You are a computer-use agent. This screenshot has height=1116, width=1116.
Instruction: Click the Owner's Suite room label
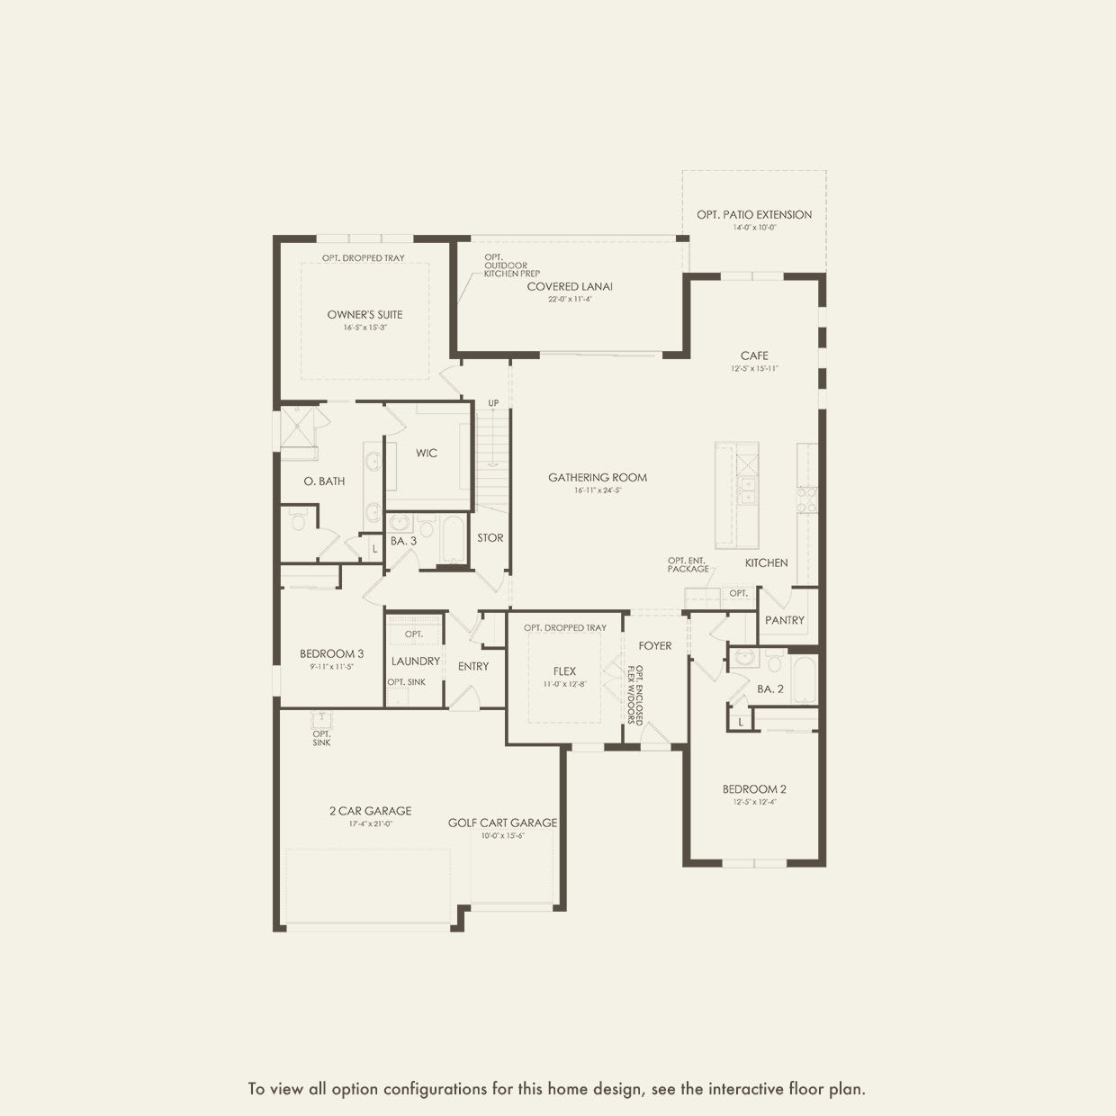tap(364, 315)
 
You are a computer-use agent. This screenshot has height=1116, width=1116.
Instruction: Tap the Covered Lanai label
tap(570, 287)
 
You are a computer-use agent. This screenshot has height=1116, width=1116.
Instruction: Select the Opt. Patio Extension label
tap(754, 215)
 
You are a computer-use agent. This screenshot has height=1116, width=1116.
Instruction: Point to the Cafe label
tap(754, 356)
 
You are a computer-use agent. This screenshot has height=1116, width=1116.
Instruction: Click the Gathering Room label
tap(598, 478)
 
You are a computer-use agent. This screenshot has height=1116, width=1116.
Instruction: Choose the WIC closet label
tap(427, 454)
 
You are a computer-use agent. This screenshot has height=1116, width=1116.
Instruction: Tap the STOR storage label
tap(490, 538)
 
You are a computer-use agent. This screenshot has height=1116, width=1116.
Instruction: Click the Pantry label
tap(785, 621)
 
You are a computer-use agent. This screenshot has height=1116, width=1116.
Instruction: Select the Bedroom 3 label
tap(332, 654)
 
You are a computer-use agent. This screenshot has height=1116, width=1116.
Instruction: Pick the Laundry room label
tap(416, 661)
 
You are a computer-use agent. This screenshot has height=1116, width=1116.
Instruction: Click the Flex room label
tap(564, 671)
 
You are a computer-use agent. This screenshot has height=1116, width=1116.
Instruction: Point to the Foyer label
tap(655, 646)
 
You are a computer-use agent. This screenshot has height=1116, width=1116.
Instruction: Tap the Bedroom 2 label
tap(754, 790)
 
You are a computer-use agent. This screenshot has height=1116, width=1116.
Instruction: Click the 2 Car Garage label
tap(370, 811)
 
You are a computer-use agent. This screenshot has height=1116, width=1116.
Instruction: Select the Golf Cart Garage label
tap(502, 823)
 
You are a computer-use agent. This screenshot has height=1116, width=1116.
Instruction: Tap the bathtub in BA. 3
tap(452, 539)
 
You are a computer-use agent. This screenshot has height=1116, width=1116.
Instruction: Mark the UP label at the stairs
tap(493, 403)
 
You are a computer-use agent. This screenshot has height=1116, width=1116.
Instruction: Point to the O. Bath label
tap(324, 481)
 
